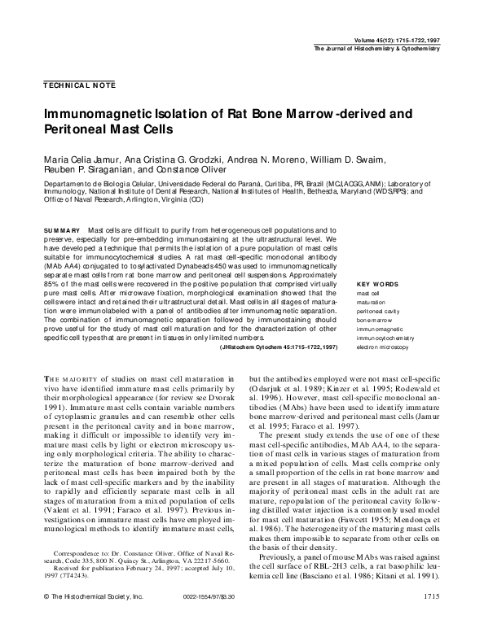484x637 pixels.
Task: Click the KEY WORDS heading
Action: tap(380, 284)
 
